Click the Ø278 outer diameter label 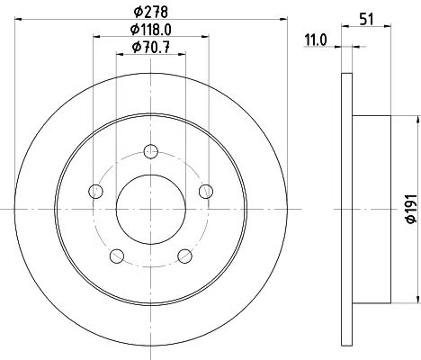click(x=151, y=12)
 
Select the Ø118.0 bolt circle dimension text click(x=151, y=30)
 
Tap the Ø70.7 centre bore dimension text click(x=151, y=47)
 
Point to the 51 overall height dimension click(x=366, y=20)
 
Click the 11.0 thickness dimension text click(x=316, y=40)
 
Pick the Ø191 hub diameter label click(x=411, y=209)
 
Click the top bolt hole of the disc click(x=151, y=151)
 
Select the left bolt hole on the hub click(x=96, y=191)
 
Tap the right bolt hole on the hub click(x=206, y=191)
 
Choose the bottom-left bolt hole click(x=117, y=256)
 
